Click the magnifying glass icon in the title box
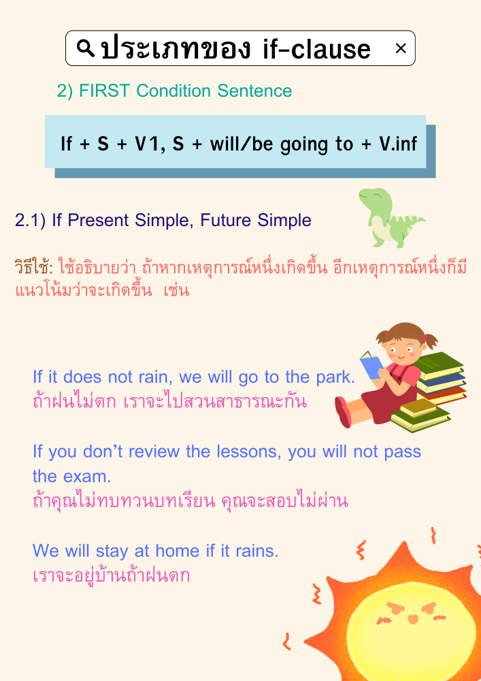86,48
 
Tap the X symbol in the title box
401,48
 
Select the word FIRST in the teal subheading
105,91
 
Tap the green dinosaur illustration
388,217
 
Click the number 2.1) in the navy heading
31,220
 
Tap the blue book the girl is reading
371,364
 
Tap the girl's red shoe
343,412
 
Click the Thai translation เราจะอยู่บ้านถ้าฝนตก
111,575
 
